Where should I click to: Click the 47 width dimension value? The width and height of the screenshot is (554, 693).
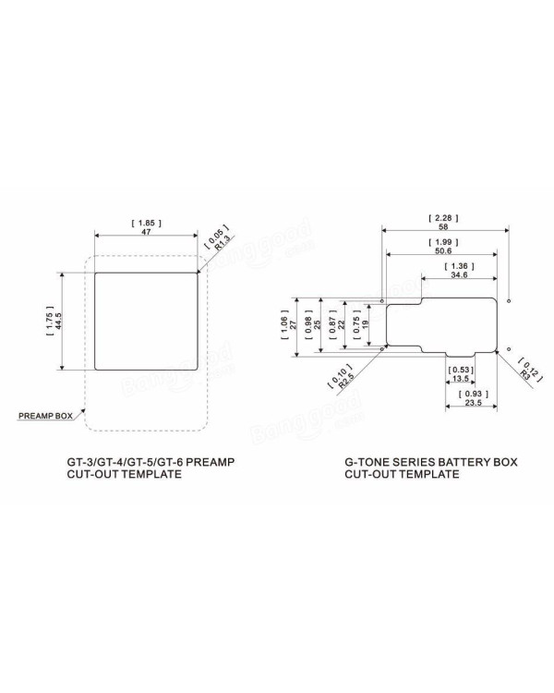[146, 232]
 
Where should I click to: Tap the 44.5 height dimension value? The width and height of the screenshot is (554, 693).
[59, 321]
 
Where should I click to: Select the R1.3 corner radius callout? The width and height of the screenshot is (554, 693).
[223, 243]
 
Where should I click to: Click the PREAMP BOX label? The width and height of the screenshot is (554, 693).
[45, 416]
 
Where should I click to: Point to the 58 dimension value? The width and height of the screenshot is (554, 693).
[443, 226]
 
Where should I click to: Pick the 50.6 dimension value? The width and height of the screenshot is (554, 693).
[443, 250]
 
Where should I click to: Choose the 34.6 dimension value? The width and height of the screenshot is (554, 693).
[459, 275]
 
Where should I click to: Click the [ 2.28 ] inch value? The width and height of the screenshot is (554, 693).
[443, 218]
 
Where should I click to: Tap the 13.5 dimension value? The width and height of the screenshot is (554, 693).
[461, 379]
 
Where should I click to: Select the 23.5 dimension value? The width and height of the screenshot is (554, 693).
[473, 403]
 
